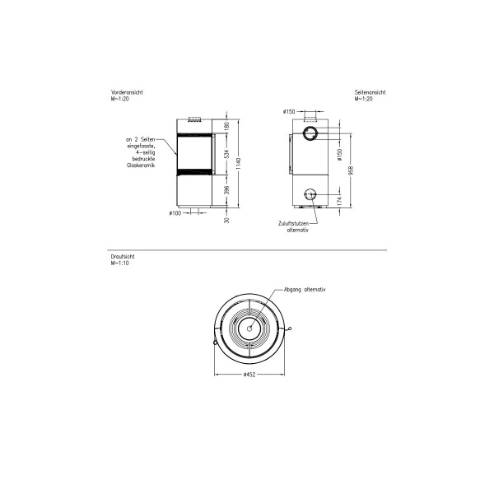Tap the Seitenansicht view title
(370, 92)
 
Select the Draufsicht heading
(121, 257)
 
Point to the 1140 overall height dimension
(237, 163)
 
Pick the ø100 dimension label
(175, 214)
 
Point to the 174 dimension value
(339, 201)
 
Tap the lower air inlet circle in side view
(310, 195)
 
